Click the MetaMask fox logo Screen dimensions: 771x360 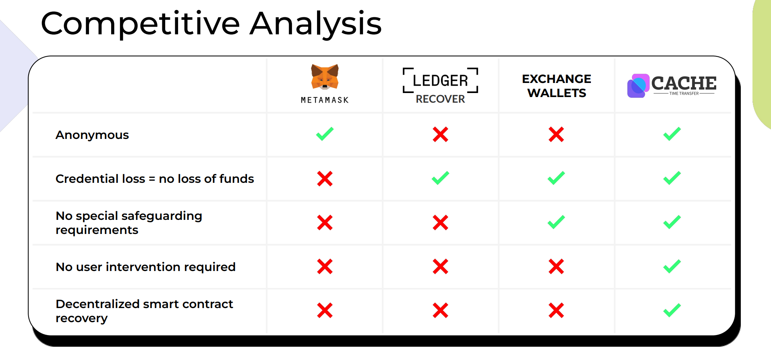coord(325,77)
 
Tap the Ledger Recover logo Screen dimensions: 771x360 coord(440,86)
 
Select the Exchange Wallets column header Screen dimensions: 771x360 coord(557,86)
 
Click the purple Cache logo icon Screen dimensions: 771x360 coord(638,86)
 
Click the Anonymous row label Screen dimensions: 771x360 coord(92,135)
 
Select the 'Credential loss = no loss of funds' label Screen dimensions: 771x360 coord(155,178)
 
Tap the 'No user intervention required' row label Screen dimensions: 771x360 coord(145,267)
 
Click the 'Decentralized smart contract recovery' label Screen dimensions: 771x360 coord(144,311)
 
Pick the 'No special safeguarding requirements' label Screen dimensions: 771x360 coord(129,223)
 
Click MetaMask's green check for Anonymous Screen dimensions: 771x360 coord(325,134)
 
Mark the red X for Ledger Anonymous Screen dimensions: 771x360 coord(440,134)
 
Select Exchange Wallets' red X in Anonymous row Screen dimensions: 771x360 coord(556,134)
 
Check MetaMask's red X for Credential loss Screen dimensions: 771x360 coord(325,179)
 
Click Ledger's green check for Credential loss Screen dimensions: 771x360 coord(440,178)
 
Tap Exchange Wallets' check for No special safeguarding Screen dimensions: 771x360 coord(556,222)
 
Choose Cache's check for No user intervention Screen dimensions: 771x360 coord(672,266)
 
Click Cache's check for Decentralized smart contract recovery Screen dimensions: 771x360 coord(672,310)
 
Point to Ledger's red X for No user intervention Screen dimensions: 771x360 coord(440,267)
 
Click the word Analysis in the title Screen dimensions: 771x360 coord(316,24)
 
